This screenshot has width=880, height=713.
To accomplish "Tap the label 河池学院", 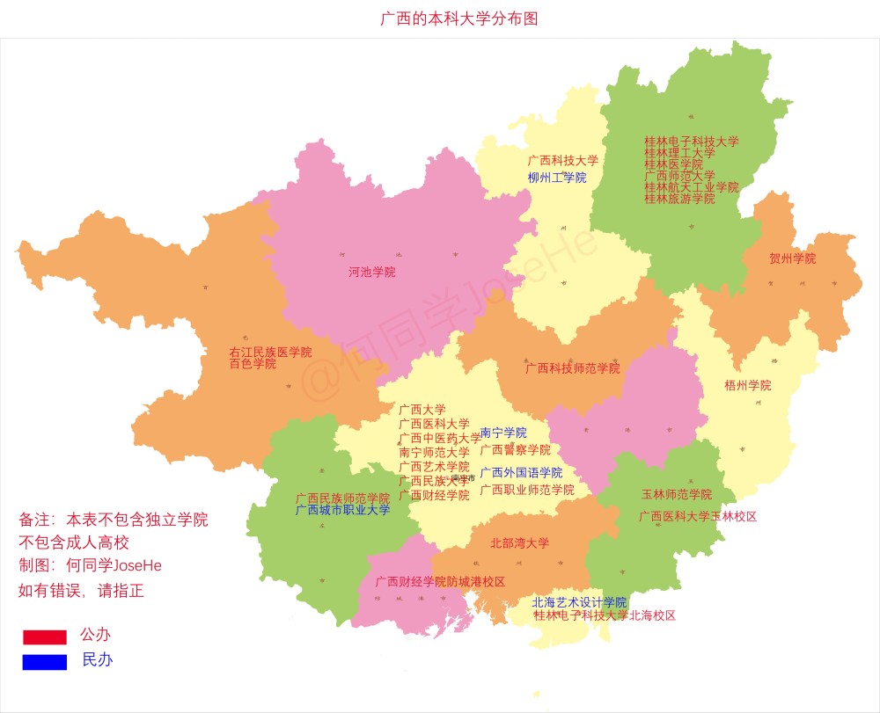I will click(x=371, y=272).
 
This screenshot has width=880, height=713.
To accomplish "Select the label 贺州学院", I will click(x=792, y=258).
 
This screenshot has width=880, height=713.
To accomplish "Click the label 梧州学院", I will click(x=747, y=385).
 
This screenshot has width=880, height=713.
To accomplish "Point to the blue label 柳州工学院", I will click(x=556, y=178).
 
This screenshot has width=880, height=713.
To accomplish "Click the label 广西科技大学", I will click(x=562, y=161).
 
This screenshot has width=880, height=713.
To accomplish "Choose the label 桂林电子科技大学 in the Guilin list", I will click(x=691, y=141).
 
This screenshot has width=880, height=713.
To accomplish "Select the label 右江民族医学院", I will click(x=270, y=352).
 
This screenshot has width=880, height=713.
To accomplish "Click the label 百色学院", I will click(x=253, y=363).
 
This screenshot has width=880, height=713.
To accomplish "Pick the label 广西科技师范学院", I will click(x=572, y=368).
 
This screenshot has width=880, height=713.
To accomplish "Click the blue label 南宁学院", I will click(x=503, y=433).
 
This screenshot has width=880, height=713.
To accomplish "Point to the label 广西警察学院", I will click(x=515, y=449).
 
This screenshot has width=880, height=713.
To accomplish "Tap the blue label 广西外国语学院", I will click(x=521, y=472).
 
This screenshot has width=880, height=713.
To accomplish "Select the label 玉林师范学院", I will click(x=676, y=494).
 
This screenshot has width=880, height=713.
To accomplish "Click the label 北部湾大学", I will click(x=519, y=542).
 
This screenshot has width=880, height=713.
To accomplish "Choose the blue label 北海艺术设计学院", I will click(x=579, y=602).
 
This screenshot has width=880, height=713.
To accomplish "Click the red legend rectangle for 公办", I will click(x=45, y=637).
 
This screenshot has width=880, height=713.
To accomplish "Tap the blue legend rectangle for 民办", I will click(x=45, y=662).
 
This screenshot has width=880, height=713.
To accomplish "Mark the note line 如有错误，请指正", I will click(x=81, y=591).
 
